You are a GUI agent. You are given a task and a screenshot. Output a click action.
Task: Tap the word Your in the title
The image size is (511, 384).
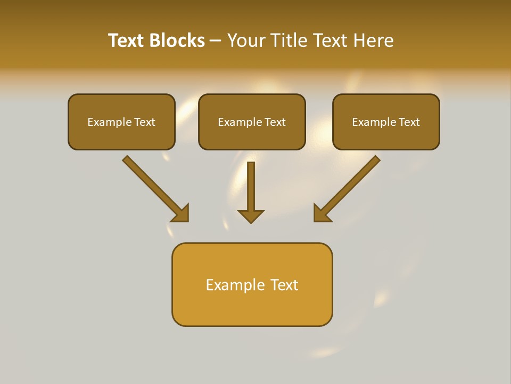point(246,41)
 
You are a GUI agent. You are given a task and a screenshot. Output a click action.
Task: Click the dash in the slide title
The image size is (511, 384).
point(216,41)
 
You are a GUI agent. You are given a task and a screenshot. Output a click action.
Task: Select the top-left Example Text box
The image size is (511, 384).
point(121,122)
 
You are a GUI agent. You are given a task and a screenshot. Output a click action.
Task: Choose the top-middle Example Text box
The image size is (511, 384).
point(252,122)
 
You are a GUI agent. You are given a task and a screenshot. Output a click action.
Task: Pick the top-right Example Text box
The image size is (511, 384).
point(386,122)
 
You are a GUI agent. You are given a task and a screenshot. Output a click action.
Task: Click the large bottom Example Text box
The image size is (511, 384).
point(252,284)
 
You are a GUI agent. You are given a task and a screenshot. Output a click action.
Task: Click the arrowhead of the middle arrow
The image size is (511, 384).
point(251,215)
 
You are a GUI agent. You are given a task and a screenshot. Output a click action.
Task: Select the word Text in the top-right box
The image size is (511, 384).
point(409,122)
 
